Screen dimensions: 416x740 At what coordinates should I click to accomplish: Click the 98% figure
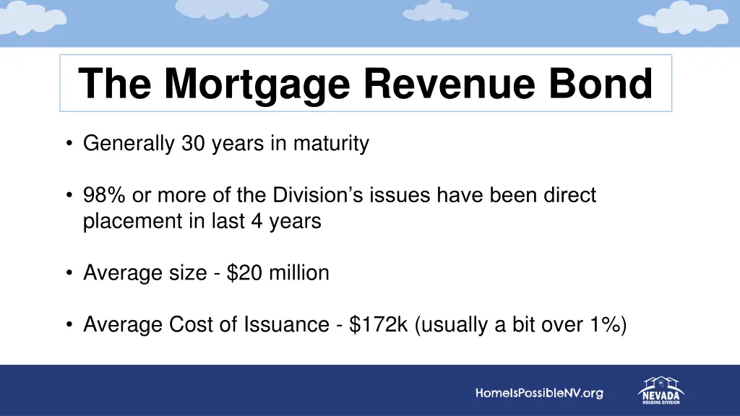(x=105, y=195)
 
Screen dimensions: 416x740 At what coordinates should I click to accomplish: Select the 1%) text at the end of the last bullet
(x=607, y=325)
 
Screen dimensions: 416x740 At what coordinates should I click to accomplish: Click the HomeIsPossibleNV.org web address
(x=539, y=394)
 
